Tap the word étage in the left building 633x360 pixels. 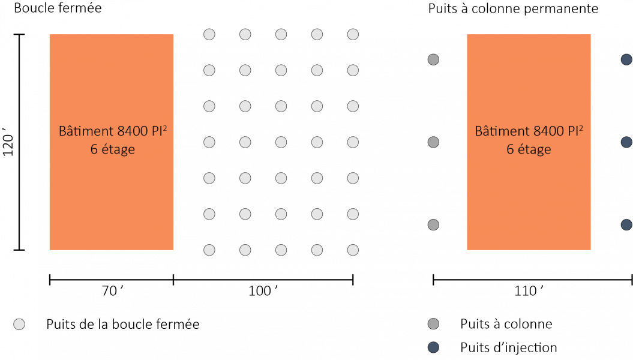click(x=118, y=149)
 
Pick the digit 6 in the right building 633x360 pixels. click(x=510, y=149)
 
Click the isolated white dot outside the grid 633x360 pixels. click(x=19, y=324)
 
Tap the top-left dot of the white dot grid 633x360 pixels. click(x=209, y=34)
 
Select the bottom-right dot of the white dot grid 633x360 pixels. click(x=353, y=250)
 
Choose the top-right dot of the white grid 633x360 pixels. click(x=353, y=34)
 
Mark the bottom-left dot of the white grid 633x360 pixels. click(x=209, y=250)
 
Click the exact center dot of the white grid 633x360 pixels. click(x=281, y=142)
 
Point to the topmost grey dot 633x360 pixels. click(x=433, y=59)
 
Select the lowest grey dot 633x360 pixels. click(x=433, y=324)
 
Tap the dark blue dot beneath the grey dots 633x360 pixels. click(x=433, y=347)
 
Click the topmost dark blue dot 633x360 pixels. click(x=626, y=59)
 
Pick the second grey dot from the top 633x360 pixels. click(x=433, y=142)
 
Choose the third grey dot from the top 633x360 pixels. click(x=433, y=224)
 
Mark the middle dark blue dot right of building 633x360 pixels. click(x=626, y=142)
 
